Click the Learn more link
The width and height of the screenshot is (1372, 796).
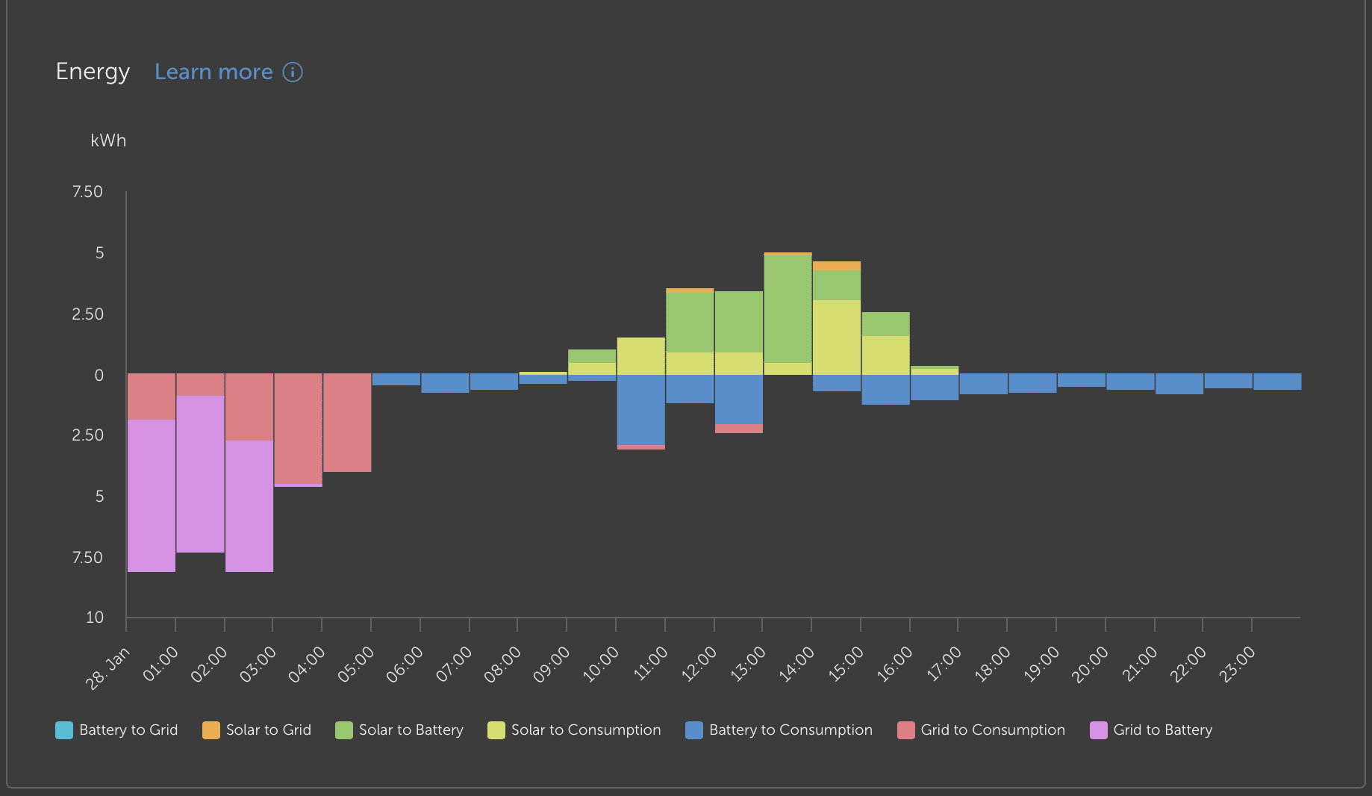[213, 72]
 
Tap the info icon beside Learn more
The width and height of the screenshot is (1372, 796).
[293, 72]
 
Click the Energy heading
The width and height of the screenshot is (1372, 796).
[93, 72]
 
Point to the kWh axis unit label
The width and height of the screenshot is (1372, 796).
[108, 140]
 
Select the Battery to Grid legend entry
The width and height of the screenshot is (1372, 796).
[117, 730]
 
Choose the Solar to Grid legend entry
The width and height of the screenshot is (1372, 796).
[257, 730]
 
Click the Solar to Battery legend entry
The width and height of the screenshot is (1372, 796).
[399, 730]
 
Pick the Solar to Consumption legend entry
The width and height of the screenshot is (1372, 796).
[574, 730]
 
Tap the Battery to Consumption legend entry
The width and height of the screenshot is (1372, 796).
[779, 730]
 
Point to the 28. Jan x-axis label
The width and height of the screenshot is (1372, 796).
[108, 668]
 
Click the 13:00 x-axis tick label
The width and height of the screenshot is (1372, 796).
[749, 664]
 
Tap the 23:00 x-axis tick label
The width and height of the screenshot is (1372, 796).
[1238, 664]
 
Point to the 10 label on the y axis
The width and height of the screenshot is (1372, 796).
[95, 618]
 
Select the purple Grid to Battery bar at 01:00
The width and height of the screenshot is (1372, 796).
[200, 474]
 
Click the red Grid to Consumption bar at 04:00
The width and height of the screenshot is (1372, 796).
[347, 423]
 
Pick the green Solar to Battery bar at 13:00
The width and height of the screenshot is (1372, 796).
[788, 308]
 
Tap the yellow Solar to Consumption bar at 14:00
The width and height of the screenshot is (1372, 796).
[837, 337]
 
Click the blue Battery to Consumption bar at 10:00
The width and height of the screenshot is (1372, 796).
[640, 409]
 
